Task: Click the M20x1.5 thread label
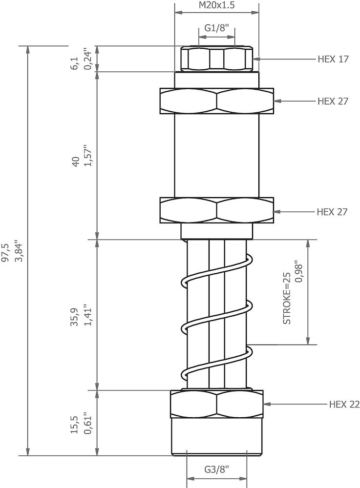[216, 5]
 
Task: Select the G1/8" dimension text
[216, 28]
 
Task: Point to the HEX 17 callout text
[333, 59]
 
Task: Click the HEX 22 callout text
[344, 404]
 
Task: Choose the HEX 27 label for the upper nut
[333, 101]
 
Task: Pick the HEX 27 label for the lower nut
[332, 212]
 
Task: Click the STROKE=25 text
[287, 298]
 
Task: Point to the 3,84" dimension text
[19, 251]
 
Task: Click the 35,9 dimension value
[75, 317]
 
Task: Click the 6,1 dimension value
[75, 63]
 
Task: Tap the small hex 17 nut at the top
[216, 59]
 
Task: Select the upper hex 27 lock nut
[216, 102]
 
